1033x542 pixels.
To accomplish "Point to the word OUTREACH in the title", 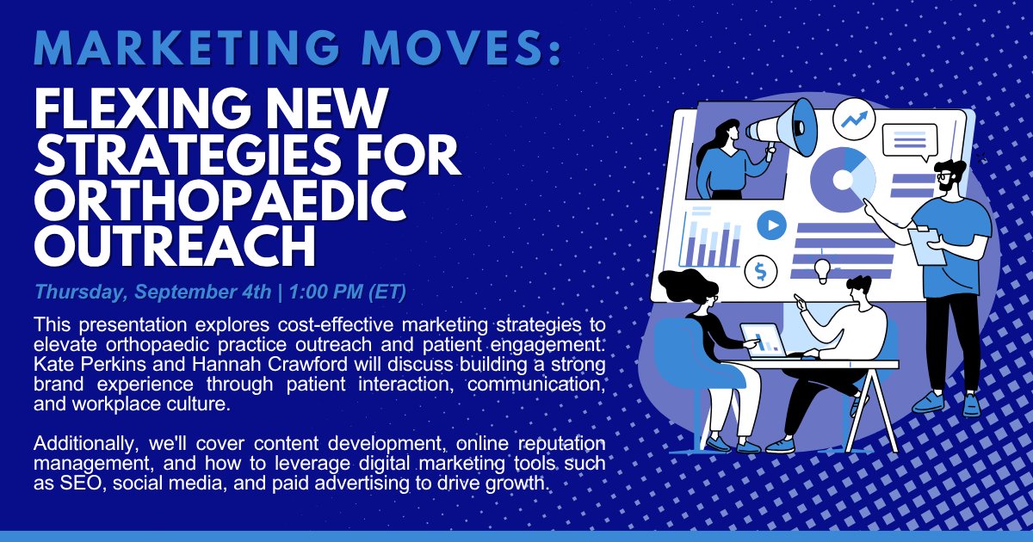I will tap(175, 244).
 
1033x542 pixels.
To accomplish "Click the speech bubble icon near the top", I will tap(909, 140).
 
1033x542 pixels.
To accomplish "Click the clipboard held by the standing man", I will tap(927, 244).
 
